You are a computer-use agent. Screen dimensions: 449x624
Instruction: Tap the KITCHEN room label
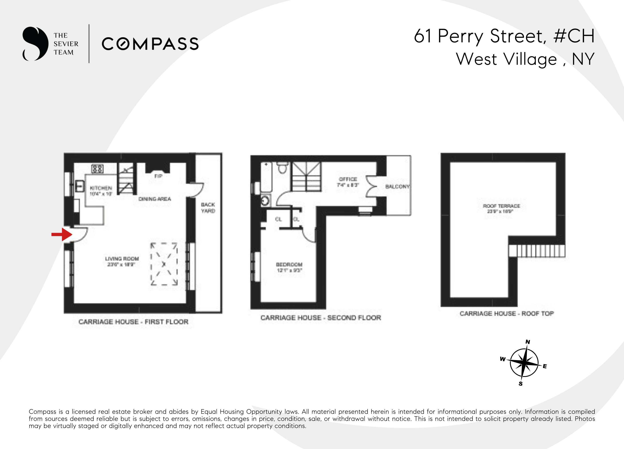coord(101,188)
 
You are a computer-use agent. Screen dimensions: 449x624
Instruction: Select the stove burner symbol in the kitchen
coord(97,168)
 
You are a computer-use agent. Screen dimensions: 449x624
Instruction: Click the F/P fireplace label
coord(158,176)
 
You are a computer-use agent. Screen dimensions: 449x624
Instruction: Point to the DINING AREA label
coord(155,199)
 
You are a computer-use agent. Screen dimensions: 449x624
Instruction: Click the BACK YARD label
coord(208,208)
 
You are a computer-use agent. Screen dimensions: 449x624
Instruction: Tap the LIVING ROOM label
coord(122,259)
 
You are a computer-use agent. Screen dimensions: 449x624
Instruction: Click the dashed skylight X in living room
coord(164,264)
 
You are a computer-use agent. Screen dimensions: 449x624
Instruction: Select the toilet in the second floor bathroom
coord(282,167)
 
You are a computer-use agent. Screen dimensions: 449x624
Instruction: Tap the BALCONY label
coord(397,186)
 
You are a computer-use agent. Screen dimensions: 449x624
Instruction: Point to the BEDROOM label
coord(289,264)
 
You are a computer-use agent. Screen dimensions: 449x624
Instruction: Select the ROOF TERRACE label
coord(501,206)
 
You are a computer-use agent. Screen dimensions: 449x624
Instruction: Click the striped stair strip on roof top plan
coord(537,251)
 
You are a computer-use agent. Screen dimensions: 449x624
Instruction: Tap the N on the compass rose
coord(528,342)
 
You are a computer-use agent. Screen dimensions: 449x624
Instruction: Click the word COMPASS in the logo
coord(150,44)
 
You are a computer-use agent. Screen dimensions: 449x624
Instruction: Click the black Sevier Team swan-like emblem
coord(35,43)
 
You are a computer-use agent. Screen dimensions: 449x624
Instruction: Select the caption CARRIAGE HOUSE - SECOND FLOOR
coord(321,318)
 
